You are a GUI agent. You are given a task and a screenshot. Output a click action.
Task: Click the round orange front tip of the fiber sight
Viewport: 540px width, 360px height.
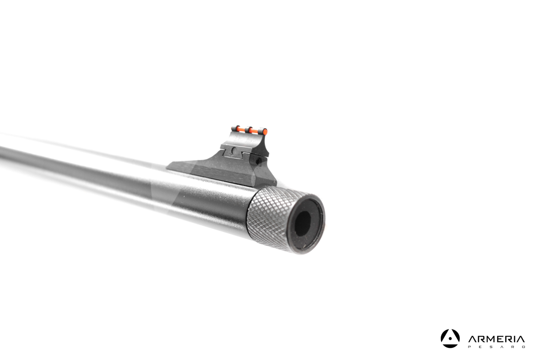(x=265, y=132)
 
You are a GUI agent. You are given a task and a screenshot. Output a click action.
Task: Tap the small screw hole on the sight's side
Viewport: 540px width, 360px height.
(x=257, y=159)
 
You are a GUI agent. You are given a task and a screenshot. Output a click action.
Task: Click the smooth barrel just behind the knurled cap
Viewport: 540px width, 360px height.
(x=216, y=207)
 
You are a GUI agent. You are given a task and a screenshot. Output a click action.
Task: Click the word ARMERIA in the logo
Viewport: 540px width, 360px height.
(x=496, y=339)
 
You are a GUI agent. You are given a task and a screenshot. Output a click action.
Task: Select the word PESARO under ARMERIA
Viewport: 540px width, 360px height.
(x=496, y=347)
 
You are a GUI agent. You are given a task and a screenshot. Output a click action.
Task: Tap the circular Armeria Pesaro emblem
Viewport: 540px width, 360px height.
(x=450, y=338)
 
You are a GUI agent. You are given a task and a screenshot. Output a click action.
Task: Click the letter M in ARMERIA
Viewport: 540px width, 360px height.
(x=491, y=339)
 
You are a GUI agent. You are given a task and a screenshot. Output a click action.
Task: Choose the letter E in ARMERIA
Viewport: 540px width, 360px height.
(x=500, y=339)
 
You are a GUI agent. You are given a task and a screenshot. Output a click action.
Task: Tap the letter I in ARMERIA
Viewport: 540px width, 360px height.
(x=514, y=339)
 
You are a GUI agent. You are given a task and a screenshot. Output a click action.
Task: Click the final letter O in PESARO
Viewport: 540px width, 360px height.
(x=523, y=347)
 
